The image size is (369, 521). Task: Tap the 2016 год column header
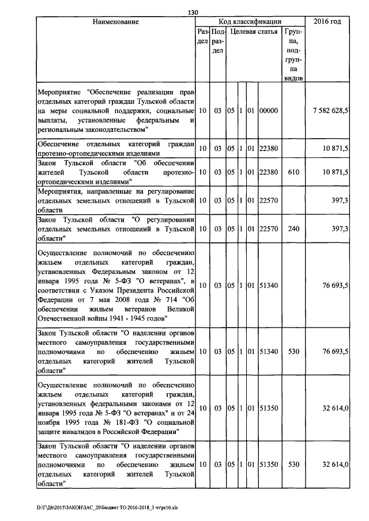pos(327,22)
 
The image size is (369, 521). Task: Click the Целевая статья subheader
pos(253,33)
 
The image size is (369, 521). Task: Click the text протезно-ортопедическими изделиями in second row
pos(93,154)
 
